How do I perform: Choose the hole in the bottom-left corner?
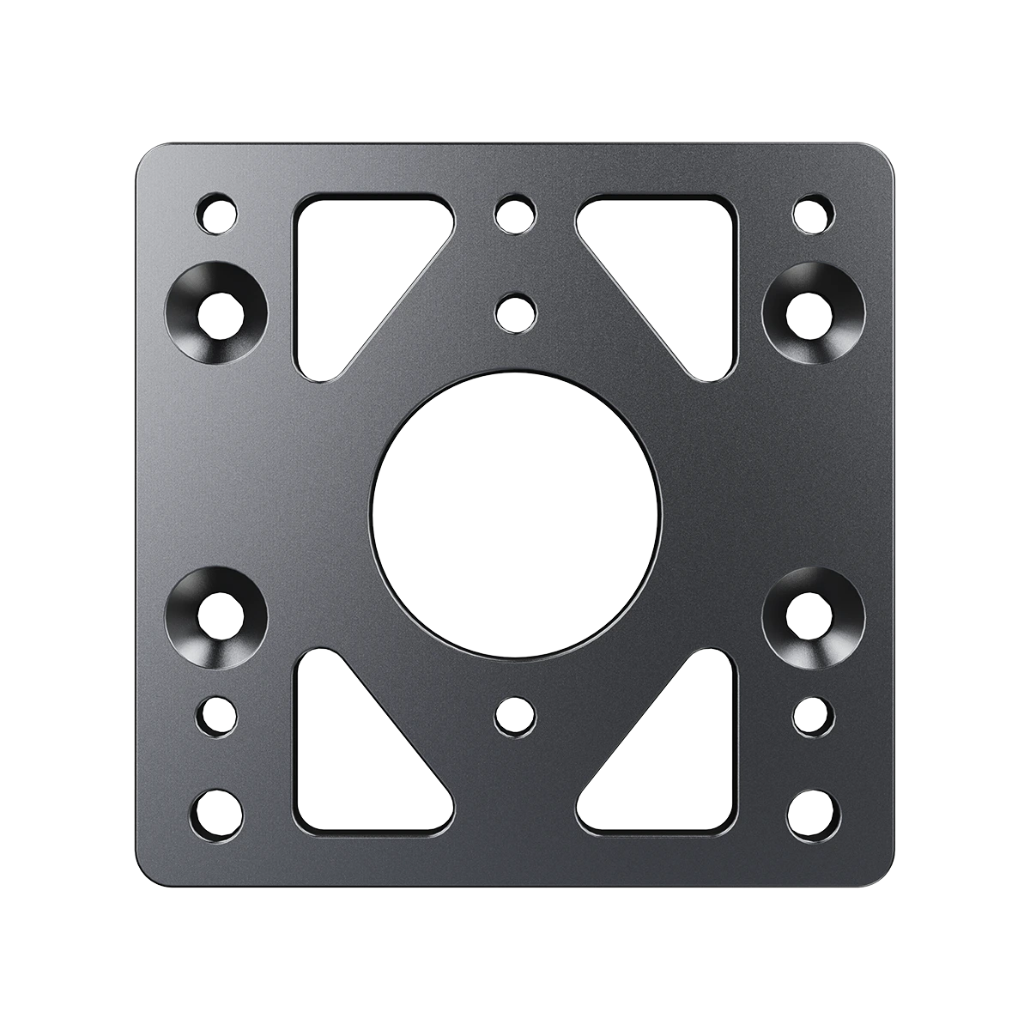pos(215,811)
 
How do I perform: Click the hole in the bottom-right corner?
pos(813,811)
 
